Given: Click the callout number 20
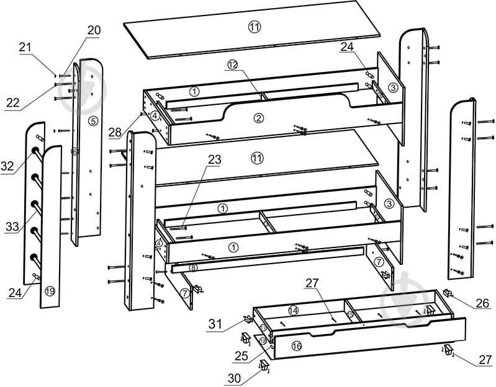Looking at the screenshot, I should (94, 30).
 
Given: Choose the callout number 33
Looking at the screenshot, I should (12, 227).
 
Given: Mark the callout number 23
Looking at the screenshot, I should (214, 159).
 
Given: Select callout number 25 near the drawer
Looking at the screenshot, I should (241, 355).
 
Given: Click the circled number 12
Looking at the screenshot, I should (233, 64).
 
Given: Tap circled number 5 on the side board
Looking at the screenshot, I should (92, 121).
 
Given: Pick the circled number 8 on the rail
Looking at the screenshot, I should (193, 268).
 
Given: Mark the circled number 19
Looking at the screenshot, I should (50, 290).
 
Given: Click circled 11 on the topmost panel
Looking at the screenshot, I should (255, 27).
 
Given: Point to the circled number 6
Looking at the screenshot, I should (74, 151).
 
